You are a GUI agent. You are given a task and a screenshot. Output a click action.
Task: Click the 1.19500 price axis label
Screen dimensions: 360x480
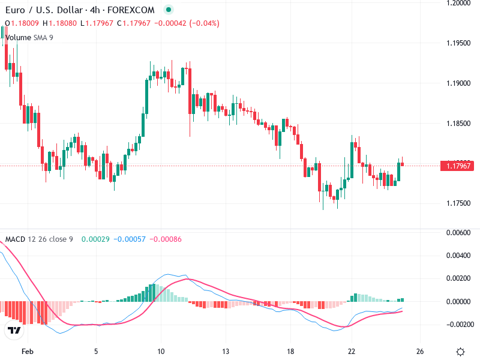458,43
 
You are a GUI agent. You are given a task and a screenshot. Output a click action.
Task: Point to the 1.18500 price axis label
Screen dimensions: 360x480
458,123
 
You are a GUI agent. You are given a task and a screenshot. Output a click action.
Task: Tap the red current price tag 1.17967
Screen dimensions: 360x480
458,166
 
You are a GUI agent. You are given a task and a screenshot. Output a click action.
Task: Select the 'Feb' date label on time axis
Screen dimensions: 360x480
26,351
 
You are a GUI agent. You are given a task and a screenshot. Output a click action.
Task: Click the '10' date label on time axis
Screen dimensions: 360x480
160,351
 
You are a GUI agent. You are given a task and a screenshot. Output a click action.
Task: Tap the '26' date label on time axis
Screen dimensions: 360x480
420,351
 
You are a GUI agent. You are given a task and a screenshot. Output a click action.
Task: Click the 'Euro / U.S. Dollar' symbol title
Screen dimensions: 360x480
38,10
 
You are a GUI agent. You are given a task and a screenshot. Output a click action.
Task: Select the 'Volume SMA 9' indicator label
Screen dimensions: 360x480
29,37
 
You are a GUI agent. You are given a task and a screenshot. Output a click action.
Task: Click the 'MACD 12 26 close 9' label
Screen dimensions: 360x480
39,239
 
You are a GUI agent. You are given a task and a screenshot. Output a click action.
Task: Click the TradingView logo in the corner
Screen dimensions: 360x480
14,331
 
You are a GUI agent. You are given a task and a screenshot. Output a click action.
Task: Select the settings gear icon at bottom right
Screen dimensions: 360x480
461,352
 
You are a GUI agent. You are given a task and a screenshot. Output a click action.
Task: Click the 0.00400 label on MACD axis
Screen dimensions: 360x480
458,256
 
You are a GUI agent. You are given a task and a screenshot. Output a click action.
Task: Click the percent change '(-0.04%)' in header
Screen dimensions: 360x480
204,23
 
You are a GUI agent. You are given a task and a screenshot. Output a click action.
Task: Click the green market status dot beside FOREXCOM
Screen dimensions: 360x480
169,10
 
